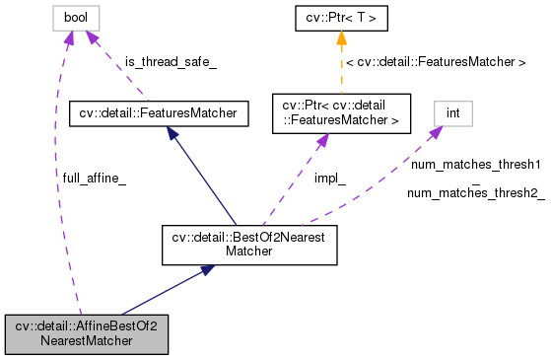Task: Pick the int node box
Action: coord(452,113)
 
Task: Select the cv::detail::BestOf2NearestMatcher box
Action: coord(249,245)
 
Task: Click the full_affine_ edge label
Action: coord(94,178)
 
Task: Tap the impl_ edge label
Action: coord(329,179)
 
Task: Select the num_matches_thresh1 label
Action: coord(475,164)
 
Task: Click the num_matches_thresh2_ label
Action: coord(475,193)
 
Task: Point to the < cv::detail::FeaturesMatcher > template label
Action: coord(435,62)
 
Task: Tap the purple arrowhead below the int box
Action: coord(434,133)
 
